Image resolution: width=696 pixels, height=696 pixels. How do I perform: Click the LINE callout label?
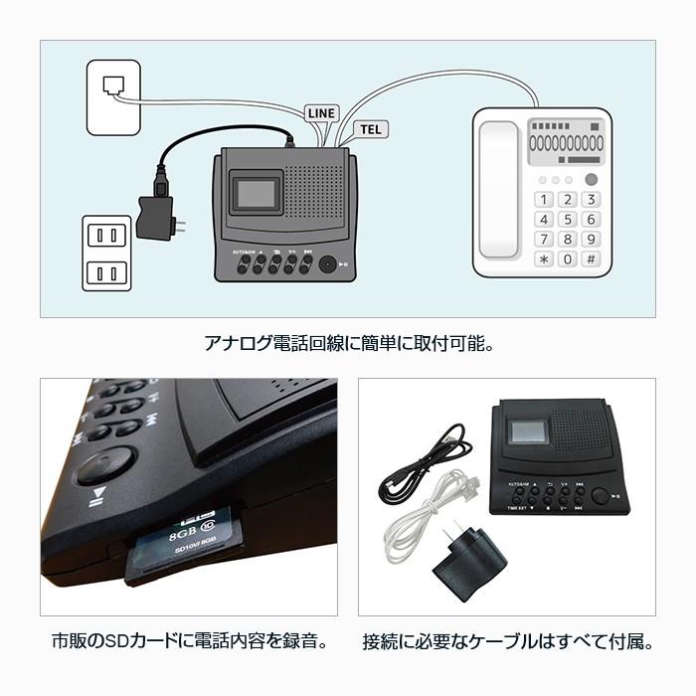[x=320, y=112]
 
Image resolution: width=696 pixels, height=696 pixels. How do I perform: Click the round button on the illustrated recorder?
[x=327, y=264]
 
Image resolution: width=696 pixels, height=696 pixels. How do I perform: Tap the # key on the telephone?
[x=591, y=259]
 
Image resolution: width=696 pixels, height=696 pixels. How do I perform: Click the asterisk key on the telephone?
[x=544, y=259]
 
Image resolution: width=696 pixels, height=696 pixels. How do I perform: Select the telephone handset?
[x=498, y=189]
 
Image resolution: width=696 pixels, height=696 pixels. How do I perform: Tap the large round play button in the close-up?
[x=102, y=463]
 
